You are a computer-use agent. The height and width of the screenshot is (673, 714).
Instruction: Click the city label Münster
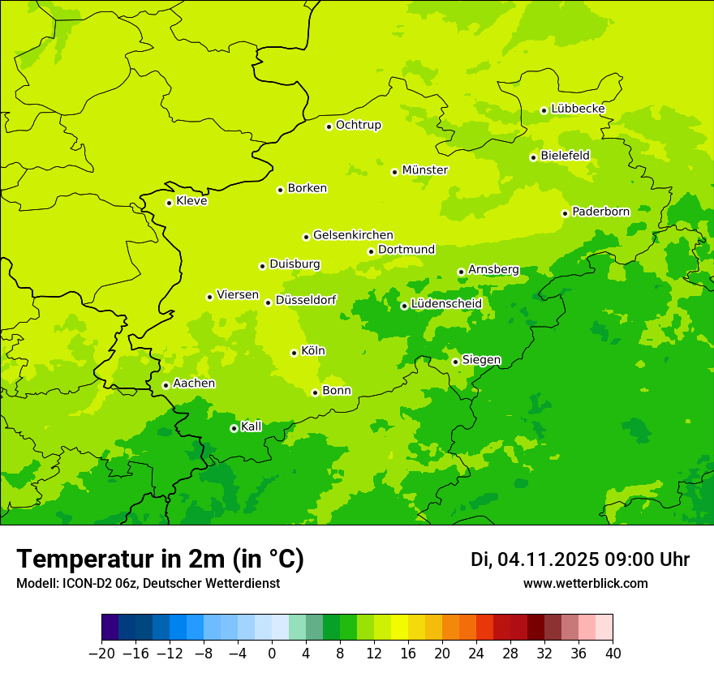coord(425,170)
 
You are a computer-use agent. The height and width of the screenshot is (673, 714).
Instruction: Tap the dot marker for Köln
coord(294,353)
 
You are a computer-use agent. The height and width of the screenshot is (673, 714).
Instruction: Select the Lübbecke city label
coord(578,109)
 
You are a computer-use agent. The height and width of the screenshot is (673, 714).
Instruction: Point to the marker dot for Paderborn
coord(565,213)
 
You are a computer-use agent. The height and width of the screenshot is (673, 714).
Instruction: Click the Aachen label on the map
coord(194,384)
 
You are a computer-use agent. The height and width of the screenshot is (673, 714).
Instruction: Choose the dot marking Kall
coord(234,428)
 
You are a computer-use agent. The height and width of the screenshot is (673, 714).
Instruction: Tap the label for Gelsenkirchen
coord(353,235)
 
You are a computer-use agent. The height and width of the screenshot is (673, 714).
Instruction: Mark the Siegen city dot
coord(455,362)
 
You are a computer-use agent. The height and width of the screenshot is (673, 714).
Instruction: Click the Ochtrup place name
coord(358,125)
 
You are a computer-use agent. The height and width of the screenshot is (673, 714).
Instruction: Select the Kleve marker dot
coord(169,203)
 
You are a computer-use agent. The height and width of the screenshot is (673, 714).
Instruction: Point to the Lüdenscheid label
coord(446,304)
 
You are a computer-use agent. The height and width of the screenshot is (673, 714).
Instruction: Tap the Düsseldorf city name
coord(306,300)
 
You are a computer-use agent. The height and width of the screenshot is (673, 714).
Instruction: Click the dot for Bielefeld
coord(533,157)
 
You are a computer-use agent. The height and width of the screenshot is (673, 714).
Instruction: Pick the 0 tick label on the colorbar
coord(272,654)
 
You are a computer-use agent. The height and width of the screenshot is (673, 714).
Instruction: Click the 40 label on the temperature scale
coord(613,654)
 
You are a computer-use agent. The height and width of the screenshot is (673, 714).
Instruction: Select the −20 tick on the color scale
coord(101,654)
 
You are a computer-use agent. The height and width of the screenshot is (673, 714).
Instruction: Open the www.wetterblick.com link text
coord(585,583)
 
